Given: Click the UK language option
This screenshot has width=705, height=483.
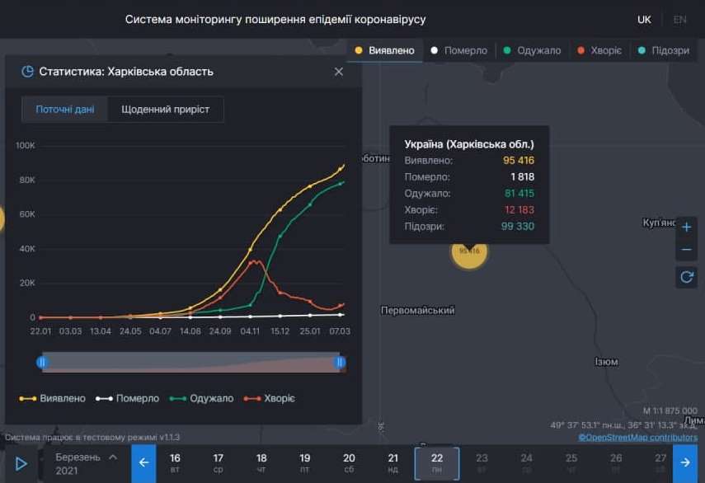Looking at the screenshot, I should tap(644, 19).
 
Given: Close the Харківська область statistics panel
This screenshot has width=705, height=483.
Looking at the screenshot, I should tap(338, 72).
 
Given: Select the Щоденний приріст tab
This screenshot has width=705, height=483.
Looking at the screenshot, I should tap(165, 110).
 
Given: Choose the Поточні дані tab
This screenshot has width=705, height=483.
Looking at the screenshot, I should tap(64, 110).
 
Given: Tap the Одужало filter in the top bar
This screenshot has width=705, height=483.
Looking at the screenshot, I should tap(532, 50).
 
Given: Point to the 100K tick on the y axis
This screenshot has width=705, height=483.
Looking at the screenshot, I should tap(26, 146).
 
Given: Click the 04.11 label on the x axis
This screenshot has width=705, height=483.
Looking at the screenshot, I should tap(251, 331).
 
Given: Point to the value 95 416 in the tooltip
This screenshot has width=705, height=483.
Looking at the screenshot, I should tap(519, 160).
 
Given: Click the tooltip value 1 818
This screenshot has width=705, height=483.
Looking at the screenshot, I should tap(522, 176).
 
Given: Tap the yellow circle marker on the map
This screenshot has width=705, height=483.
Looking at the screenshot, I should tap(469, 251).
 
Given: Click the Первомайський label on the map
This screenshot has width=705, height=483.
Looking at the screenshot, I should tap(418, 311).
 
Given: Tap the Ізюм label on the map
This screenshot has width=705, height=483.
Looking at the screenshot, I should tap(606, 362).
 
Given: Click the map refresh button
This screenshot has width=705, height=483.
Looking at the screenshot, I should tap(686, 277).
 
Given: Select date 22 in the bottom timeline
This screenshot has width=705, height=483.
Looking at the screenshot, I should tap(436, 463).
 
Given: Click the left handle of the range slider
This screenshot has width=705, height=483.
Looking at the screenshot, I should tap(42, 362).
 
